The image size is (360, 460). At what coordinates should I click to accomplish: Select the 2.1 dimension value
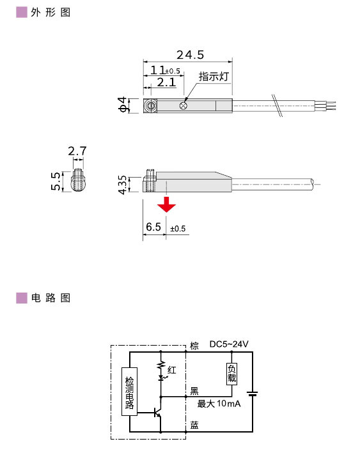[x=166, y=82]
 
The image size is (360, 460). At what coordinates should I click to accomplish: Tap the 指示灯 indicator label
[x=214, y=77]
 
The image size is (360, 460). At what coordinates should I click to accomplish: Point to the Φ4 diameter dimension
[x=123, y=105]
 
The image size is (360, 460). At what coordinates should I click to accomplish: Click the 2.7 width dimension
[x=77, y=151]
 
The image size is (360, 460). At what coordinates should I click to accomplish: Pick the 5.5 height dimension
[x=56, y=181]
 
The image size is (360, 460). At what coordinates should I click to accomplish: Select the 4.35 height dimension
[x=123, y=181]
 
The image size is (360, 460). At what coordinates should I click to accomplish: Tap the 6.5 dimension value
[x=153, y=227]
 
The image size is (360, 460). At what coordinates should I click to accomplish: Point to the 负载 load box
[x=231, y=374]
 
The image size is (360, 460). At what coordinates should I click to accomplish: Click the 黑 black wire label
[x=194, y=391]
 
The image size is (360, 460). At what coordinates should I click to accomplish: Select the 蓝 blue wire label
[x=194, y=425]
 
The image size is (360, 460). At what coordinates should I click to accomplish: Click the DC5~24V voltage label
[x=229, y=345]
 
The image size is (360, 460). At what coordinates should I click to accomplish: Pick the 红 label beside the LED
[x=171, y=370]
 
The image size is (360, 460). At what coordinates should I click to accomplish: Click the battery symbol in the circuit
[x=253, y=393]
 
